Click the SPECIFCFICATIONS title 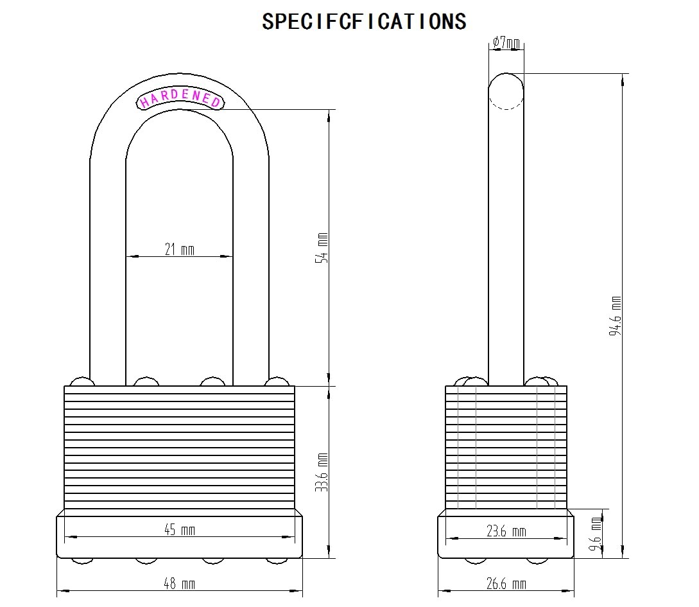(364, 21)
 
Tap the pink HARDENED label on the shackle (180, 98)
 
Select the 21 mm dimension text (180, 249)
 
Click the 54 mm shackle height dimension (322, 247)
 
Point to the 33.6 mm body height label (322, 472)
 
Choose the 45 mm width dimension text (180, 529)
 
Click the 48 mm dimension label (180, 583)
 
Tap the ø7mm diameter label (506, 43)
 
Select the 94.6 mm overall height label (616, 316)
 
